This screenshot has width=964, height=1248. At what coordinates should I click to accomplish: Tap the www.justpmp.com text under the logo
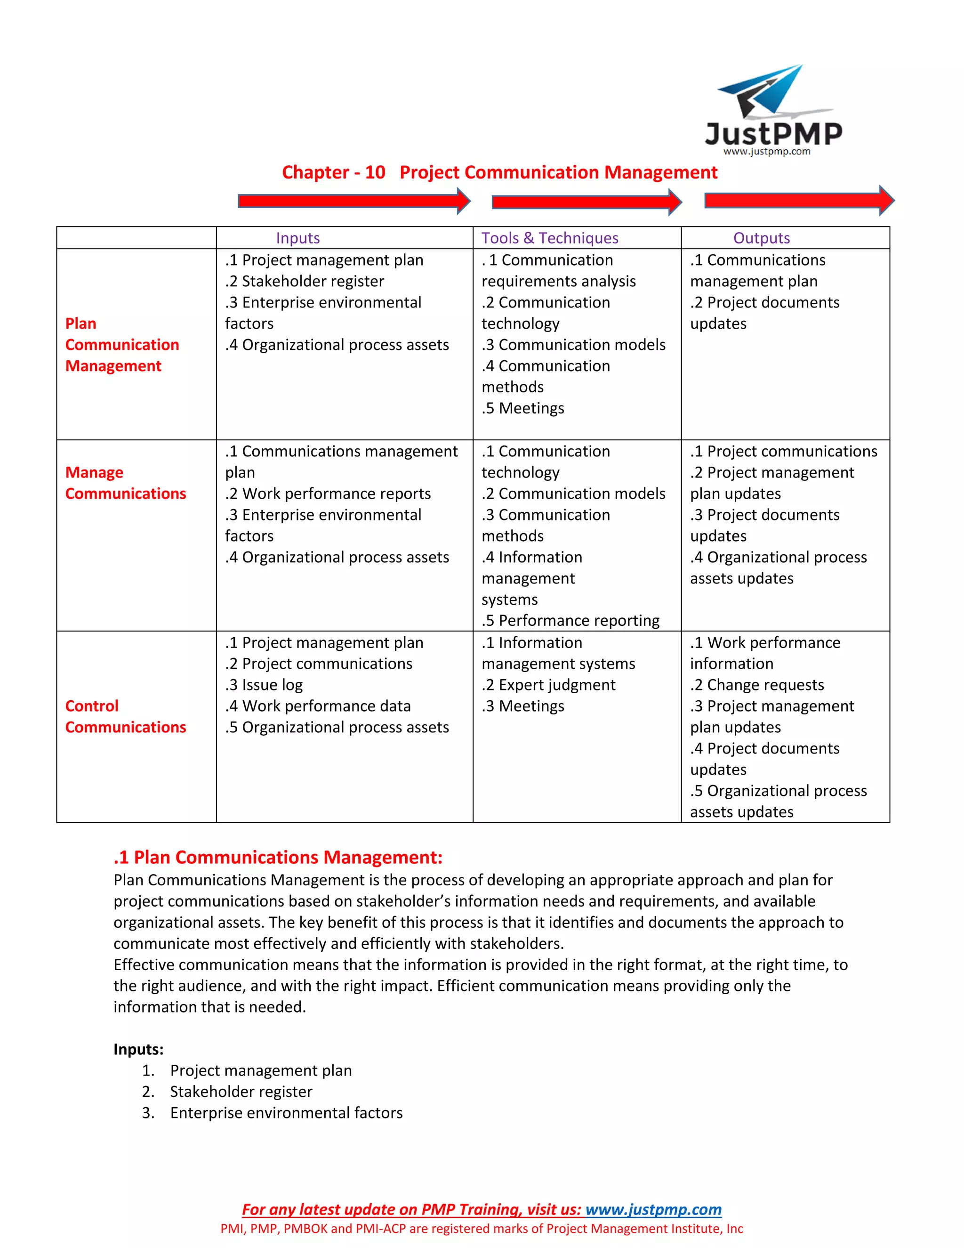pyautogui.click(x=766, y=152)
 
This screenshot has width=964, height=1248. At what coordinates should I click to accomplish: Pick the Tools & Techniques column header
pyautogui.click(x=549, y=238)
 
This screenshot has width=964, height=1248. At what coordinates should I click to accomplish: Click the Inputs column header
pyautogui.click(x=297, y=238)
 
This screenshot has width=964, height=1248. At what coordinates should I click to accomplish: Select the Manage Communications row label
pyautogui.click(x=125, y=483)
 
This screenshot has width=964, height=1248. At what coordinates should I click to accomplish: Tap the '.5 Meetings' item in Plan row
pyautogui.click(x=522, y=408)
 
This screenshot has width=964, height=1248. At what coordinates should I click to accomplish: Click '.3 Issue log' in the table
pyautogui.click(x=264, y=685)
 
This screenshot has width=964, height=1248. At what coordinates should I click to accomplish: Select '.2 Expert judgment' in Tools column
pyautogui.click(x=548, y=685)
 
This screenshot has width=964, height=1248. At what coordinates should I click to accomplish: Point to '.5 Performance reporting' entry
pyautogui.click(x=570, y=621)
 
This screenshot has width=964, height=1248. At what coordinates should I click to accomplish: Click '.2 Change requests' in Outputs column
pyautogui.click(x=757, y=685)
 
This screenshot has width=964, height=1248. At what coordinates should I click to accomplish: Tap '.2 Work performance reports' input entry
pyautogui.click(x=328, y=493)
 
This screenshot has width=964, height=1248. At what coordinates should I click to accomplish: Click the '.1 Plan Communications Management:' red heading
pyautogui.click(x=278, y=857)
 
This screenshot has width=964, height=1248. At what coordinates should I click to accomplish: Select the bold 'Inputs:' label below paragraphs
pyautogui.click(x=138, y=1049)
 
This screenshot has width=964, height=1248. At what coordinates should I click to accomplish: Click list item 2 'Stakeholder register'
pyautogui.click(x=241, y=1092)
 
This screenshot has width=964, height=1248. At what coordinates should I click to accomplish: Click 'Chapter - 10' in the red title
pyautogui.click(x=334, y=172)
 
